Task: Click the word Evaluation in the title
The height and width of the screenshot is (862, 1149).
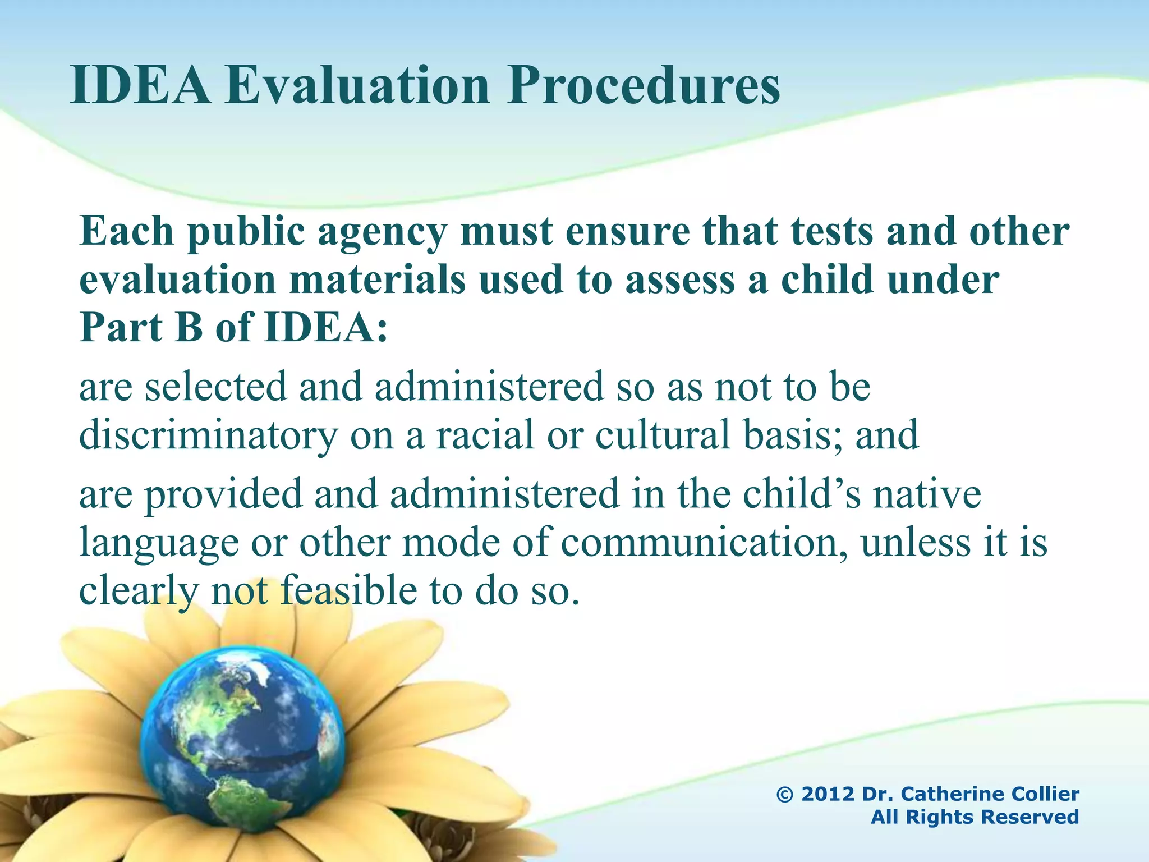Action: tap(358, 87)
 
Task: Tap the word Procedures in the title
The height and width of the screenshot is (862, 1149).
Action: tap(644, 87)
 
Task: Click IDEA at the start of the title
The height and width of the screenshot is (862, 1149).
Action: tap(140, 87)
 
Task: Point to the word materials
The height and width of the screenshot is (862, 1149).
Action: tap(377, 280)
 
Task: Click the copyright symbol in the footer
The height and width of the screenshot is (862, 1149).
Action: tap(784, 794)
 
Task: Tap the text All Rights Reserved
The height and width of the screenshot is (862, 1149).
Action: tap(975, 817)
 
